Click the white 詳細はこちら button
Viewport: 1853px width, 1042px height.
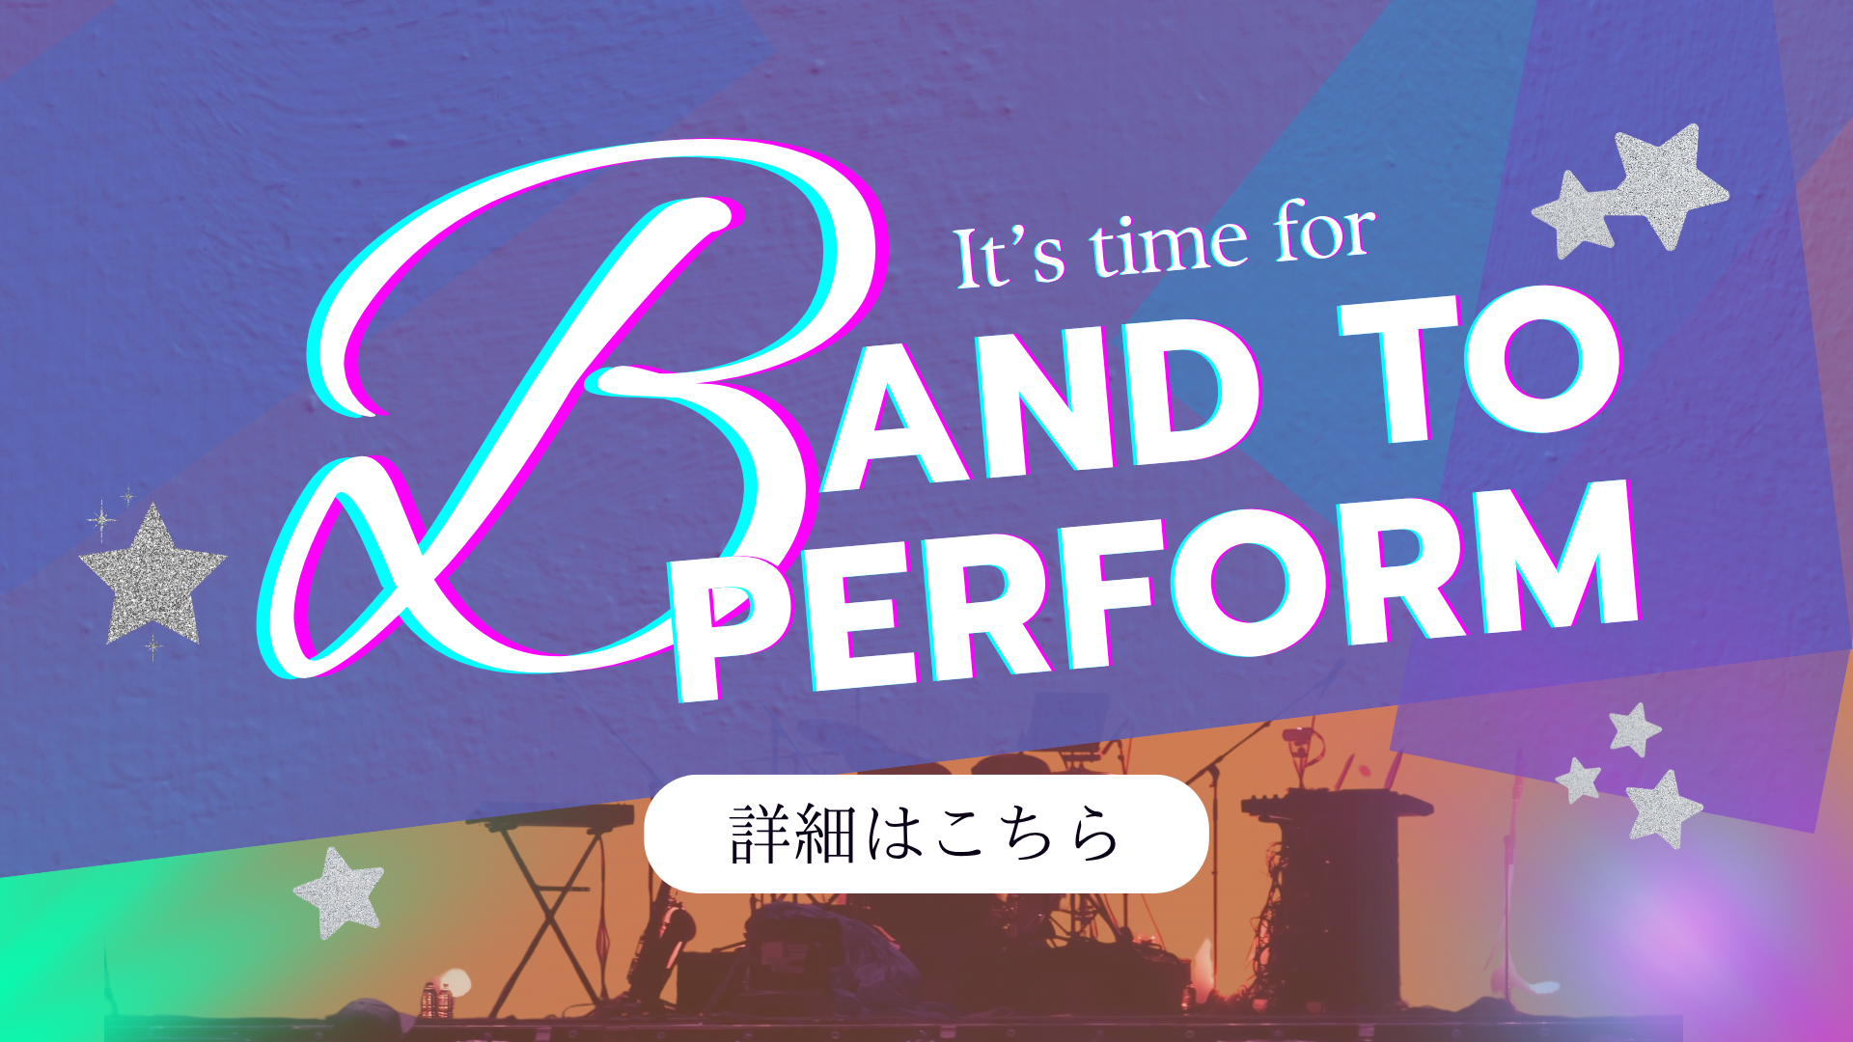click(926, 834)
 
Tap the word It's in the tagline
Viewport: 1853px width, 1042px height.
click(1009, 256)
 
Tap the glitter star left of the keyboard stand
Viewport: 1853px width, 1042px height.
click(339, 892)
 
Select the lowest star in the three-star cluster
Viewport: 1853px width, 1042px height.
click(1663, 809)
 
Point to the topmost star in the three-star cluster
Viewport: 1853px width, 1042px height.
click(1634, 729)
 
